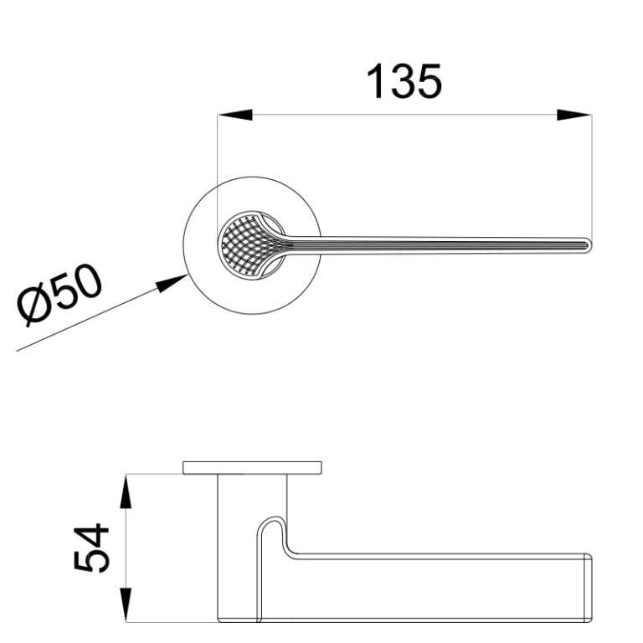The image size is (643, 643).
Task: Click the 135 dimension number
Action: (404, 81)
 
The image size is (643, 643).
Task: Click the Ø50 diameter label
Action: (59, 295)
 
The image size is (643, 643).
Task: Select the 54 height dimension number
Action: (91, 547)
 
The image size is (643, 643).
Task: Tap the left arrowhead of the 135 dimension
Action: (234, 115)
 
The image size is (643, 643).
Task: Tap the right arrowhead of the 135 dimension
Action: (574, 115)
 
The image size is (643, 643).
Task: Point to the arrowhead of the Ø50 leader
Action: (172, 283)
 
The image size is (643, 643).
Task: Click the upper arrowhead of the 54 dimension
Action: (126, 491)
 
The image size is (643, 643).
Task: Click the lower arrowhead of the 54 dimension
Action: (126, 604)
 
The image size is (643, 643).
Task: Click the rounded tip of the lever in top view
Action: (589, 245)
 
